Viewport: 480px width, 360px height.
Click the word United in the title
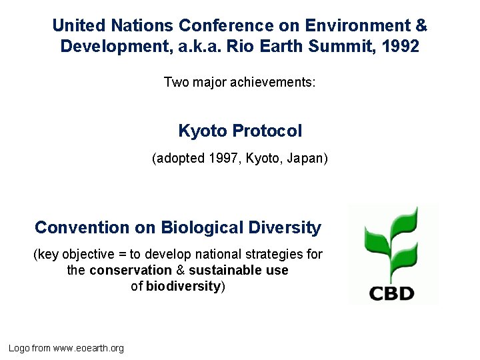79,26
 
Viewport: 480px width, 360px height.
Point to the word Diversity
285,227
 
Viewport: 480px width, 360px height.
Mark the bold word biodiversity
183,286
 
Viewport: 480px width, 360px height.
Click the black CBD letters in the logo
391,292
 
